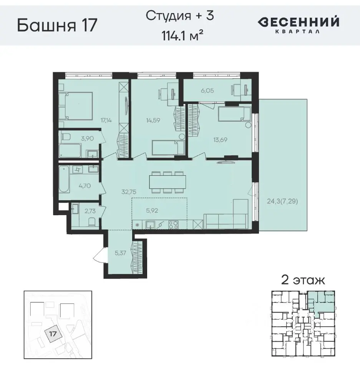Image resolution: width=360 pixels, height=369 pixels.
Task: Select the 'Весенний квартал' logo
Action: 298,25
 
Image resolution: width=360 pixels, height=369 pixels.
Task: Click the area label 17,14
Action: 106,120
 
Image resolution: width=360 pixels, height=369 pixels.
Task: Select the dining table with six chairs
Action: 167,182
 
